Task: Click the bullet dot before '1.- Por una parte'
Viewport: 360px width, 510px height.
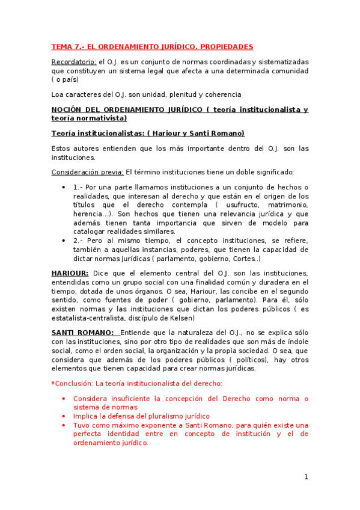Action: pyautogui.click(x=64, y=187)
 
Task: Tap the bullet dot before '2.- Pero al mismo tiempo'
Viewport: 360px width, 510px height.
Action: pyautogui.click(x=64, y=241)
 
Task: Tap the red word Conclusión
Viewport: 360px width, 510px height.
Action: pyautogui.click(x=73, y=383)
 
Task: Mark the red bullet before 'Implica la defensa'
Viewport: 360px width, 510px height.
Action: pyautogui.click(x=64, y=416)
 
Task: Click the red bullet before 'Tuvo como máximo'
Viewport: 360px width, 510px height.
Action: pyautogui.click(x=64, y=425)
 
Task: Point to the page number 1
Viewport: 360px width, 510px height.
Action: pyautogui.click(x=306, y=477)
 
